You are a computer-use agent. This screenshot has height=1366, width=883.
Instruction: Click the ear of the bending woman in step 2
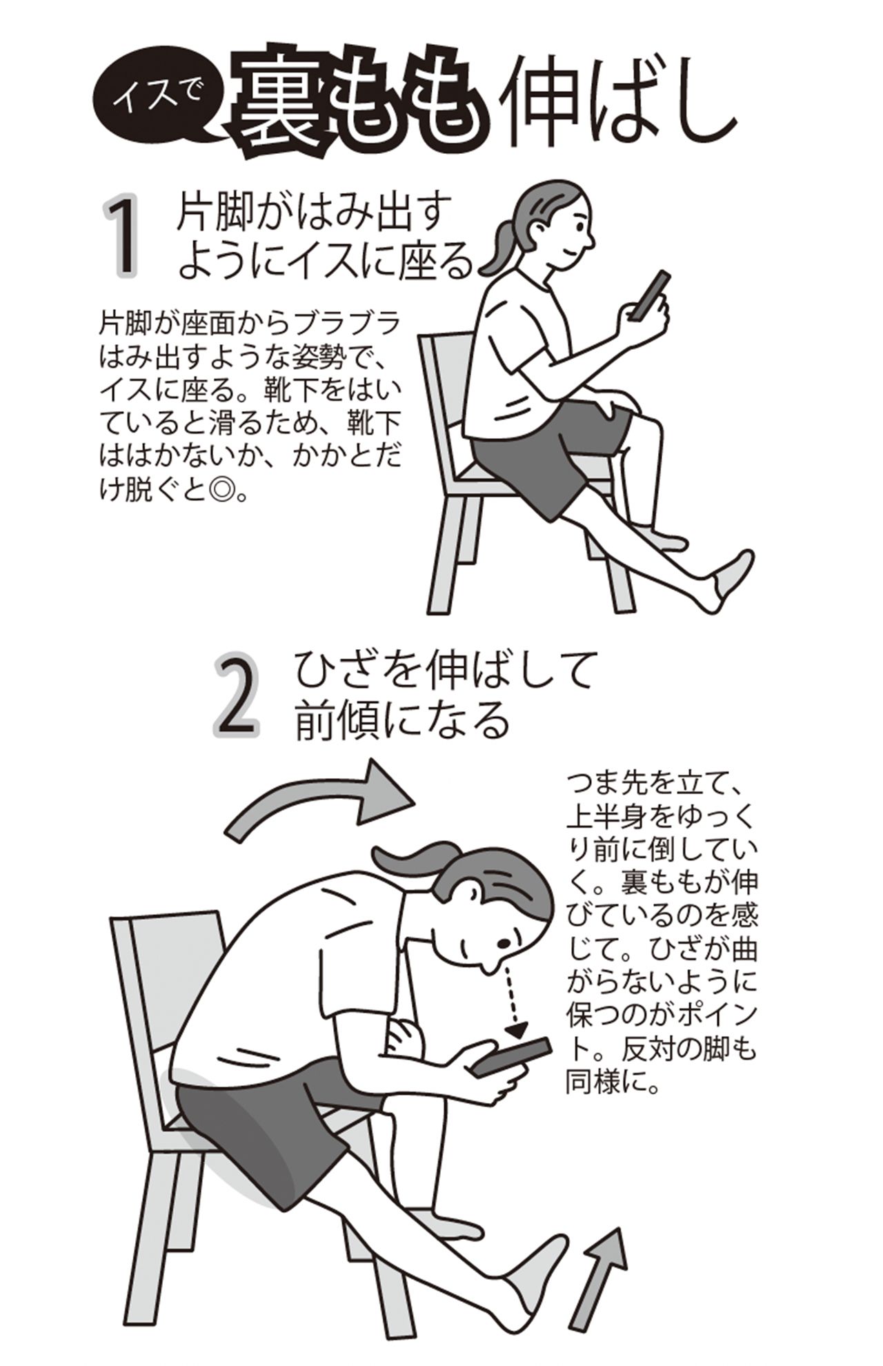[474, 897]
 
